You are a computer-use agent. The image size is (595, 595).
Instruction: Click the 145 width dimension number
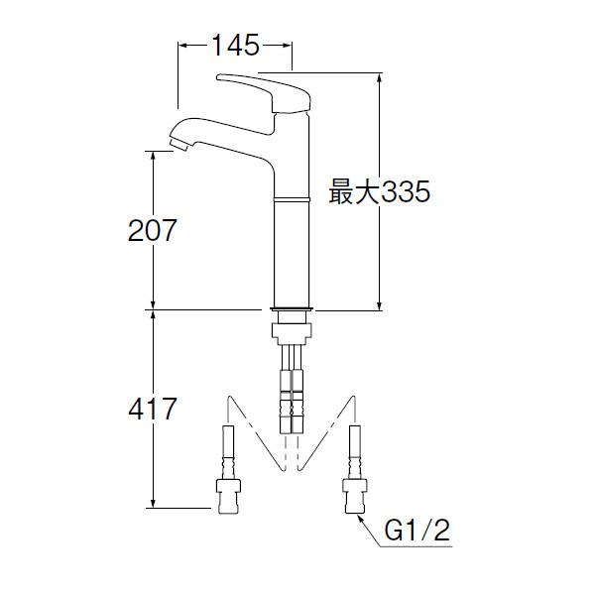pos(235,46)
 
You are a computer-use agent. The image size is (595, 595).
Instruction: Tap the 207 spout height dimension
pos(152,230)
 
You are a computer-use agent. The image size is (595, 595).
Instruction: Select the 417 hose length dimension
pos(152,409)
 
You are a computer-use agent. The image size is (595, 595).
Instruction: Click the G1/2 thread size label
pos(417,531)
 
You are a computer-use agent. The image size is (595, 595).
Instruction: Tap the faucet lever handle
pos(264,92)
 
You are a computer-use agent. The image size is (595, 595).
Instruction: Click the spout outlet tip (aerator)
pos(178,145)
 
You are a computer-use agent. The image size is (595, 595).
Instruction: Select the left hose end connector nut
pos(228,497)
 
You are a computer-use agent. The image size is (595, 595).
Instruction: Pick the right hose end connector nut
pos(355,496)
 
